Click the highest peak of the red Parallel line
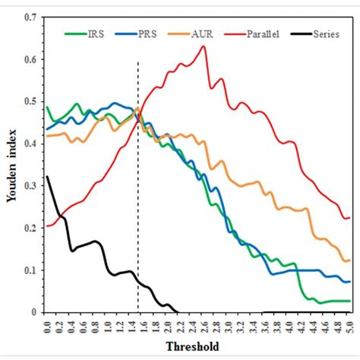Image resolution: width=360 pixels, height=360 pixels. (204, 46)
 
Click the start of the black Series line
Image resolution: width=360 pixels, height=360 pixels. (47, 177)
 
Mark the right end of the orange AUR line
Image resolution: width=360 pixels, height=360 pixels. (349, 260)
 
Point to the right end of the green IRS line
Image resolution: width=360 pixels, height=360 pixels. (349, 301)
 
